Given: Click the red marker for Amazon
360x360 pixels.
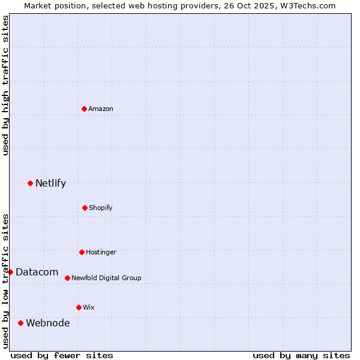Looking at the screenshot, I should point(84,109).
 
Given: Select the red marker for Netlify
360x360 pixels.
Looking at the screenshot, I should point(30,183).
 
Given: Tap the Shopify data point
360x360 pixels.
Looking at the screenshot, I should point(85,208).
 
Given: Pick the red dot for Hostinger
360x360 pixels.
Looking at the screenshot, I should point(82,252).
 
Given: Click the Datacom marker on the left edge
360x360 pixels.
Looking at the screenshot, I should point(10,272).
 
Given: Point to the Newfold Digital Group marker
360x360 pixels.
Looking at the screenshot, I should point(67,278).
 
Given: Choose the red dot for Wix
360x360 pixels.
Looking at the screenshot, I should point(79,307).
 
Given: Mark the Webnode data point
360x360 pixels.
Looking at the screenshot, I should point(20,323).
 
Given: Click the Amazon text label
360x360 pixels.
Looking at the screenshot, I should point(101,109).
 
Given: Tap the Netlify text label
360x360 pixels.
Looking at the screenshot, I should point(50,183).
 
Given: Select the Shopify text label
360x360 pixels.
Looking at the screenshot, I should point(101,208).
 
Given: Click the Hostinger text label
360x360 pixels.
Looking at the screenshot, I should point(101,252).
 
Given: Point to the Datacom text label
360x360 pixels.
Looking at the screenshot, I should point(37,272).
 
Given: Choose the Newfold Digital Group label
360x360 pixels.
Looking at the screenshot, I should point(106,278).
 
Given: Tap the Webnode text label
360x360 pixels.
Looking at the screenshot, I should point(47,323).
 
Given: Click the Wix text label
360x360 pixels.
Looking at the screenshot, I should point(89,307).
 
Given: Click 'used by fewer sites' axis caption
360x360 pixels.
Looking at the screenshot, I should point(62,355).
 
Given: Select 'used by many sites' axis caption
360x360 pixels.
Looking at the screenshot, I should point(301,355).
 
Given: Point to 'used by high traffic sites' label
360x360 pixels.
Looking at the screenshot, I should point(5,85).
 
